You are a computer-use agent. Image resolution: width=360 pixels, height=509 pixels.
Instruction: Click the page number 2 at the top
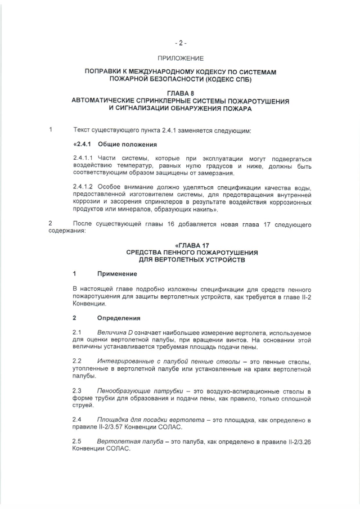[181, 43]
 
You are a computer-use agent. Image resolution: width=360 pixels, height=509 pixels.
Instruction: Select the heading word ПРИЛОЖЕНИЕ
[181, 58]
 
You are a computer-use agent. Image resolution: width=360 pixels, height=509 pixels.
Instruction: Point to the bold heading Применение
[117, 274]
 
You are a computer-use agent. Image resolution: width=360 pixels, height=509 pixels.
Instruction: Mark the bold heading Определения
[118, 318]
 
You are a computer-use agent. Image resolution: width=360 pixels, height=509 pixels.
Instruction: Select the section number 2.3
[78, 391]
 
